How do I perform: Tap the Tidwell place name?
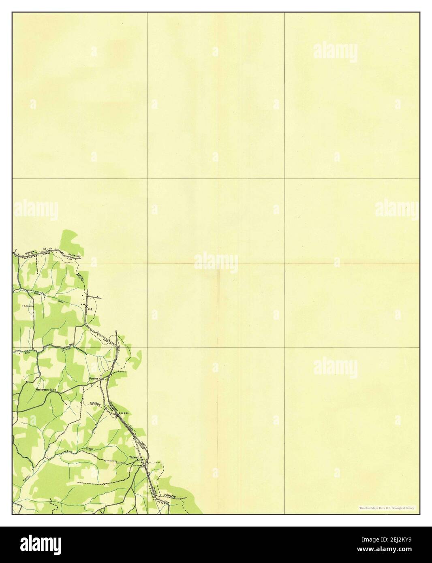coord(134,457)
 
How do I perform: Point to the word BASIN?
coord(95,404)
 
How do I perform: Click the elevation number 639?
coord(90,309)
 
